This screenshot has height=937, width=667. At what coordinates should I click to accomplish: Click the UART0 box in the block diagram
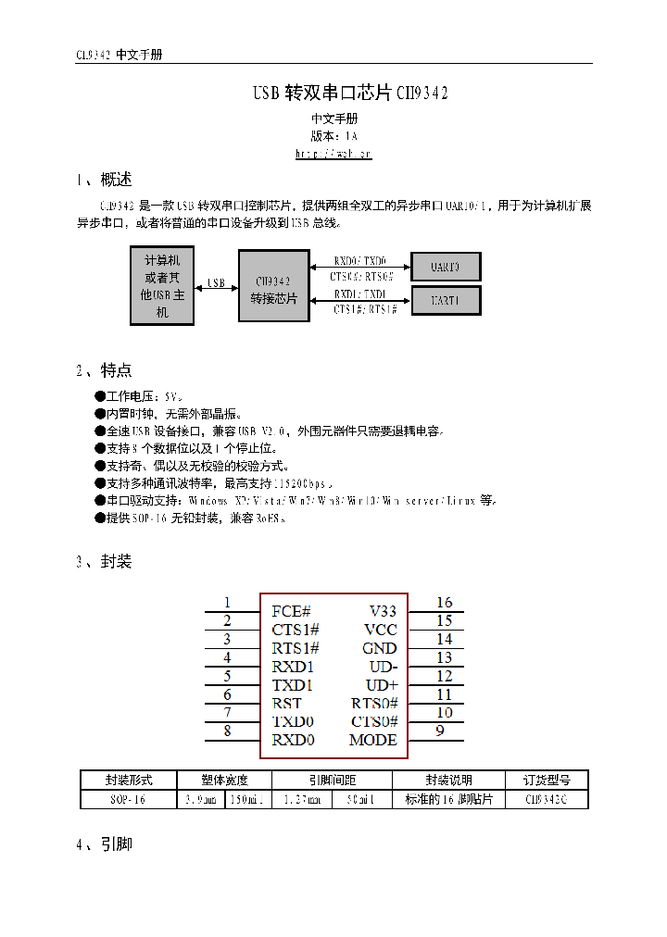[446, 268]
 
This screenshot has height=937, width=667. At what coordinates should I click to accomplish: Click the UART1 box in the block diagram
[446, 300]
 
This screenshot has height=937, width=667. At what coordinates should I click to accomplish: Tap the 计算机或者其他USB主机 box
[162, 286]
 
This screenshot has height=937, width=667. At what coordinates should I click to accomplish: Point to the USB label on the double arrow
[216, 282]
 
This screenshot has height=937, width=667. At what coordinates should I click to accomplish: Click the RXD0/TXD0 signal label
[360, 261]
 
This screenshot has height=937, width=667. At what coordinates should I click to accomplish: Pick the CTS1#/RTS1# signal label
[365, 309]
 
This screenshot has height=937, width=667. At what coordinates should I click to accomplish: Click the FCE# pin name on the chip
[291, 611]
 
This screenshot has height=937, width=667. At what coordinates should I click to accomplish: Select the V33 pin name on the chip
[383, 611]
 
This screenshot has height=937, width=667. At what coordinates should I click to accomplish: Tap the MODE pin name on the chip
[372, 740]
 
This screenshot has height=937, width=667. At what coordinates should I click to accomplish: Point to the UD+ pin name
[381, 685]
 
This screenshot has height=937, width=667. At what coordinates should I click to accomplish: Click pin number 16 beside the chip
[445, 603]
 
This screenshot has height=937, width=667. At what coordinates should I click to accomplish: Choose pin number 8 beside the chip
[227, 731]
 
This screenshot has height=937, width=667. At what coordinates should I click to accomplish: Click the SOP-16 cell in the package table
[127, 799]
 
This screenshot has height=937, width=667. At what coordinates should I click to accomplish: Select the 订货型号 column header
[546, 781]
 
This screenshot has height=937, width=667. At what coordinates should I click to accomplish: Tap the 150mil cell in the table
[246, 799]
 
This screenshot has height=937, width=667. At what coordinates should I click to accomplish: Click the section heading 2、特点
[104, 370]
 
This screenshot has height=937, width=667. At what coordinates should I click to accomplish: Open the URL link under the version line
[333, 154]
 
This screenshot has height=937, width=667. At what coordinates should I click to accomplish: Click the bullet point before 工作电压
[100, 396]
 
